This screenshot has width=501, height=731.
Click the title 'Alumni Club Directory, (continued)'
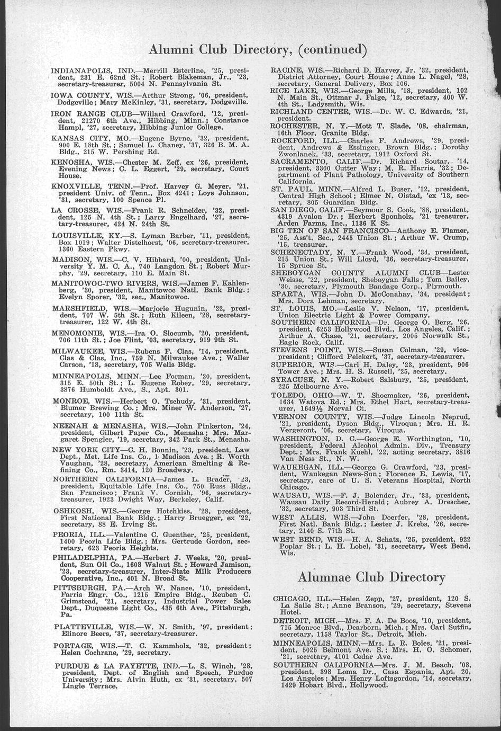[258, 50]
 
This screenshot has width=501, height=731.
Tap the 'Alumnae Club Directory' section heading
[371, 577]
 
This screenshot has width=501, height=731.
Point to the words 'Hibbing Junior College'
[178, 128]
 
